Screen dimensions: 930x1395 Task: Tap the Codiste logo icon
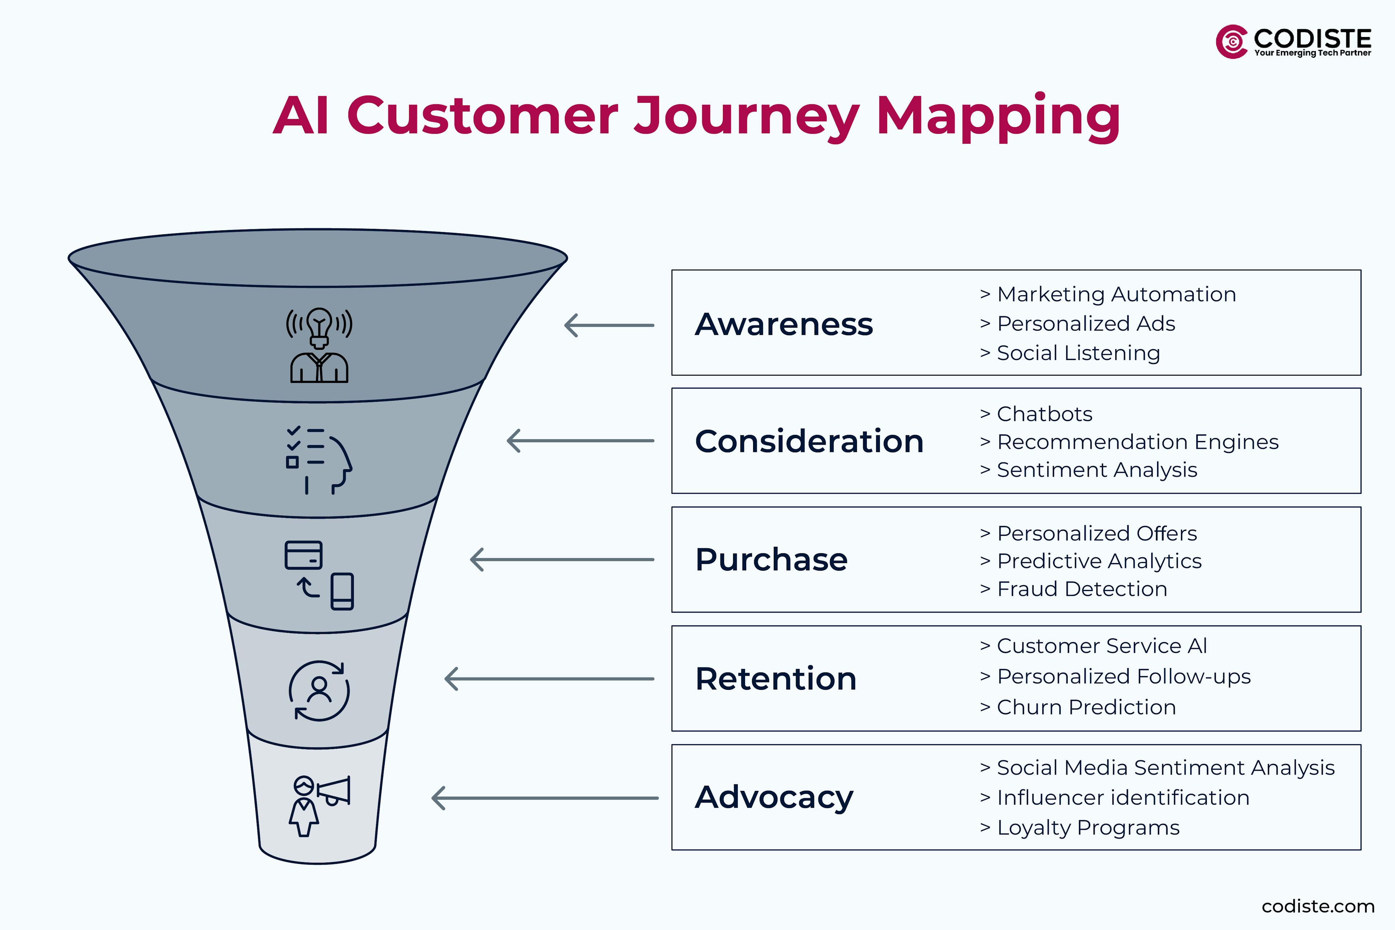[x=1232, y=41]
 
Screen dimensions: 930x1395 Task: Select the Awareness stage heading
[x=784, y=324]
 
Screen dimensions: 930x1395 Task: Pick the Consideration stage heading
[x=809, y=441]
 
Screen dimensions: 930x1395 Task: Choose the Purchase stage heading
[x=771, y=559]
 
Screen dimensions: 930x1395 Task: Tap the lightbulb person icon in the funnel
[x=319, y=345]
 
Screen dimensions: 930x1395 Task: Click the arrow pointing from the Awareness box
[x=609, y=325]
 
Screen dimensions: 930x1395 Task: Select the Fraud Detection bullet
[x=1081, y=589]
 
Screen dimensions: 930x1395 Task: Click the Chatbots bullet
[x=1044, y=414]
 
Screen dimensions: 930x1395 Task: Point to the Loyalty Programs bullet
[x=1088, y=828]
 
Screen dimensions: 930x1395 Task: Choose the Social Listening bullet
[x=1078, y=353]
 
